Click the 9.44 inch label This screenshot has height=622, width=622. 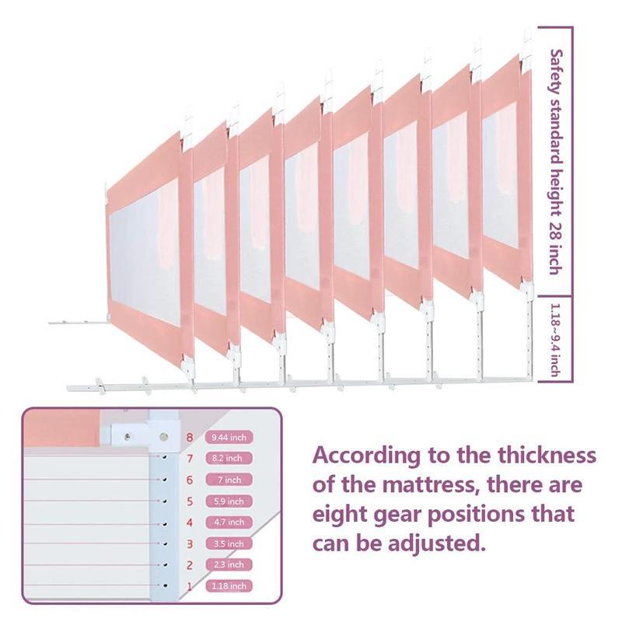click(229, 438)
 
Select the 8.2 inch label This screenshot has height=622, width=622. click(229, 458)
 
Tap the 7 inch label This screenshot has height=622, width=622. click(229, 480)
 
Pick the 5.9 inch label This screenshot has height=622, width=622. click(229, 501)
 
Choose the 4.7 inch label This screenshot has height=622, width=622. click(229, 522)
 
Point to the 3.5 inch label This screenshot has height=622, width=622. click(229, 543)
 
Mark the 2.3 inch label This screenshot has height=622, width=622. click(229, 564)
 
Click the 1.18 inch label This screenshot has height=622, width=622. click(229, 586)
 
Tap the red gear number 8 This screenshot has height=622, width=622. click(190, 438)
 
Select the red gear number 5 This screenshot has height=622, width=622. click(190, 501)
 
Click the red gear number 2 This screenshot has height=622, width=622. click(190, 565)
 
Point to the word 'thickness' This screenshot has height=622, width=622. click(547, 455)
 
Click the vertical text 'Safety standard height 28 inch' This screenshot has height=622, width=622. click(556, 162)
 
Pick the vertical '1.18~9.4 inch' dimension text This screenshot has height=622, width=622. click(555, 340)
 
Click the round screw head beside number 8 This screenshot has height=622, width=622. click(163, 437)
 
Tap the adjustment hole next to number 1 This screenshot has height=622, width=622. click(165, 585)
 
